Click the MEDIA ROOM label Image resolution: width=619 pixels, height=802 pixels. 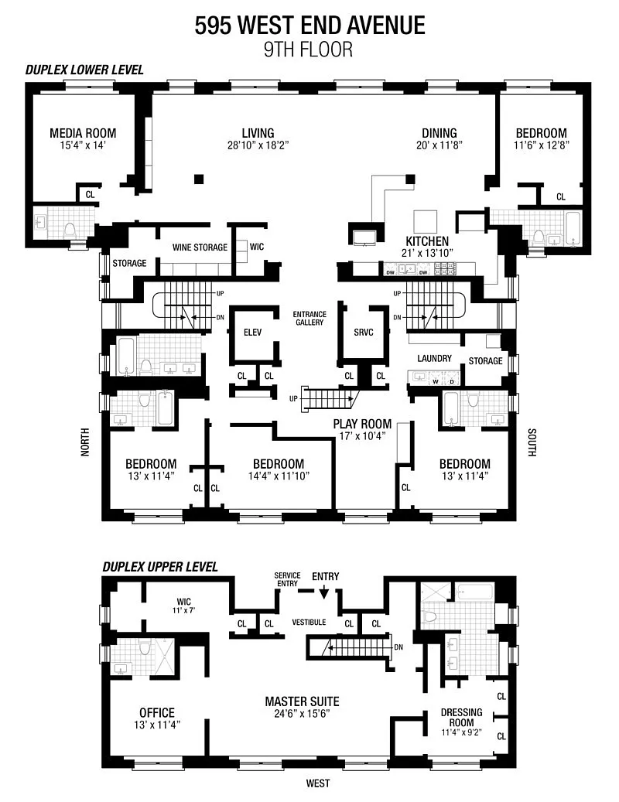click(x=83, y=134)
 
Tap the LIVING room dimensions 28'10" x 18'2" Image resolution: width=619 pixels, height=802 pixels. click(x=258, y=145)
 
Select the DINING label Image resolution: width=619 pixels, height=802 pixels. click(x=439, y=134)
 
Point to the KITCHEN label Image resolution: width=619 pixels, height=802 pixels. click(x=427, y=241)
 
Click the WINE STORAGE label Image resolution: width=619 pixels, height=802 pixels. click(x=200, y=247)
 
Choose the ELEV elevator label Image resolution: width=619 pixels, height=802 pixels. click(x=253, y=333)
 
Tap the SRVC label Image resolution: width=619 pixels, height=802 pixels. click(x=364, y=333)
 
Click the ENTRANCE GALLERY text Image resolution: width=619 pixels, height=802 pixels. click(x=309, y=318)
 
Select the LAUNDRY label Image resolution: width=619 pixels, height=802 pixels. click(x=434, y=359)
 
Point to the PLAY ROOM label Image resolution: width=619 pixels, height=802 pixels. click(x=362, y=424)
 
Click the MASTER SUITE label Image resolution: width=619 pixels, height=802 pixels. click(x=302, y=701)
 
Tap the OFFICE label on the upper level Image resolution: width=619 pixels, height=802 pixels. click(x=157, y=713)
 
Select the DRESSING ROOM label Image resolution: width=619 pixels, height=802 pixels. click(x=461, y=718)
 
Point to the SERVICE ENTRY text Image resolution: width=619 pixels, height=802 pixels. click(x=288, y=579)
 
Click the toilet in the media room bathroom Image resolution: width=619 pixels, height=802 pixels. click(x=70, y=230)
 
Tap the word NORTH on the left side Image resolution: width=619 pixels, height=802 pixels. click(x=85, y=442)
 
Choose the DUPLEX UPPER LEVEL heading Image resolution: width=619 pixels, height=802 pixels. click(x=160, y=567)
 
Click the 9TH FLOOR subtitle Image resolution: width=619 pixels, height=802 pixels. click(x=309, y=49)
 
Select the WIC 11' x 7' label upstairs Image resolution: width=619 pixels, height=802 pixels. click(x=183, y=606)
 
